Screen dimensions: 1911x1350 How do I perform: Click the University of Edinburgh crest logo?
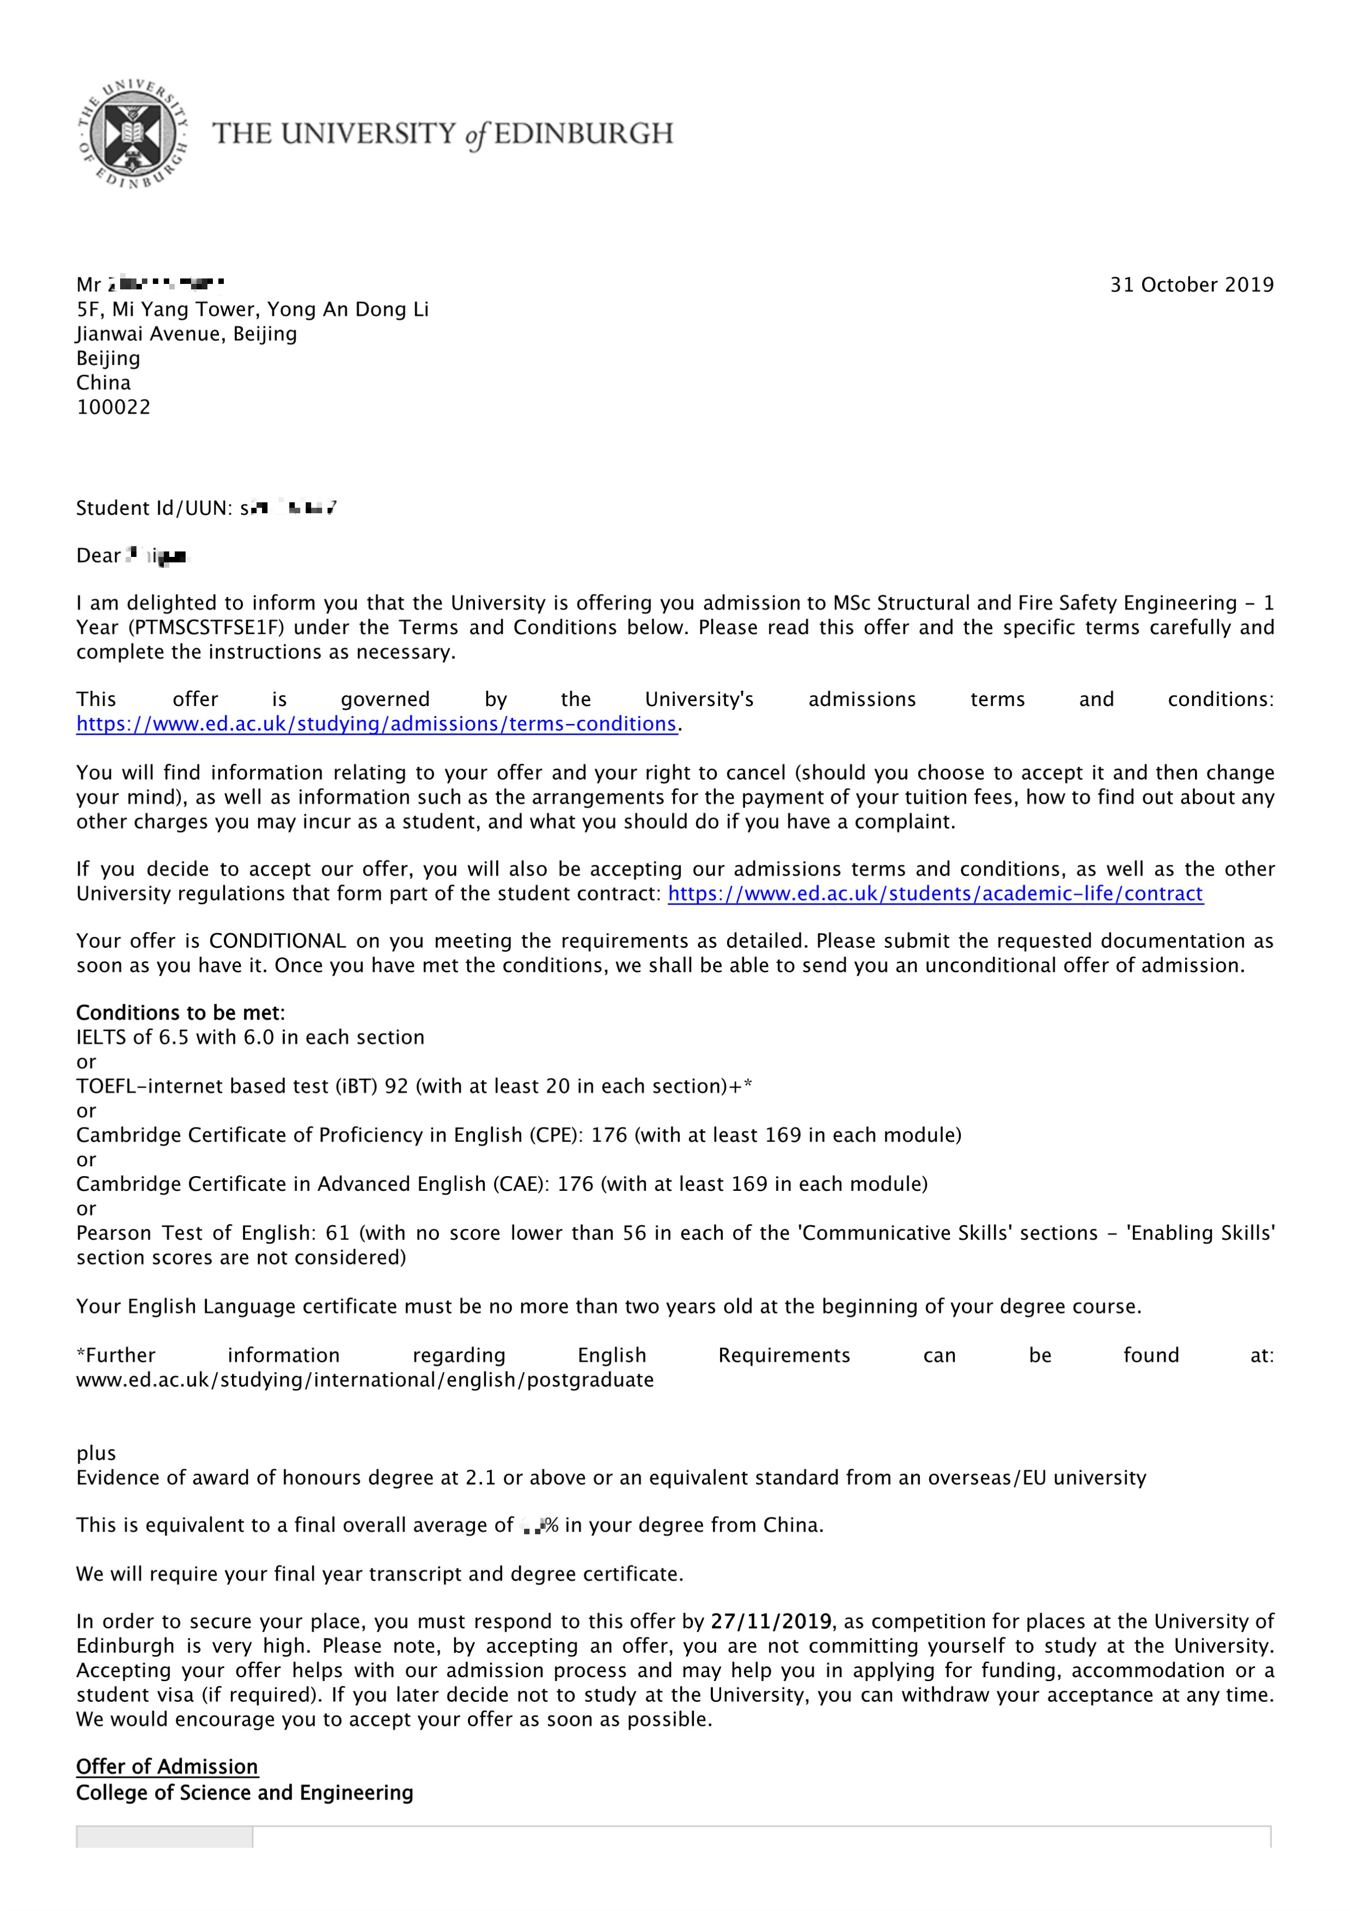pyautogui.click(x=133, y=133)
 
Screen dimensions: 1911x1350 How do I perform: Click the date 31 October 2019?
pyautogui.click(x=1191, y=284)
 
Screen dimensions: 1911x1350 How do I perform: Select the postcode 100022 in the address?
pyautogui.click(x=113, y=407)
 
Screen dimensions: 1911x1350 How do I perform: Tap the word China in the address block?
pyautogui.click(x=103, y=383)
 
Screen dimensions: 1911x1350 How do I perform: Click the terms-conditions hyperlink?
pyautogui.click(x=376, y=724)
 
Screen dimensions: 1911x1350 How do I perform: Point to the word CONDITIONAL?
pyautogui.click(x=277, y=941)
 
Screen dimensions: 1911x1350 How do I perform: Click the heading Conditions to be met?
pyautogui.click(x=180, y=1013)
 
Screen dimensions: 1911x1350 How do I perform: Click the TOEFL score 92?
pyautogui.click(x=396, y=1086)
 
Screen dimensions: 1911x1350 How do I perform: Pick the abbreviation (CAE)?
pyautogui.click(x=521, y=1184)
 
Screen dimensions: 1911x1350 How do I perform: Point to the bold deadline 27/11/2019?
pyautogui.click(x=771, y=1622)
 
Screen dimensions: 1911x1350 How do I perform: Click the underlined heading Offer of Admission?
pyautogui.click(x=167, y=1767)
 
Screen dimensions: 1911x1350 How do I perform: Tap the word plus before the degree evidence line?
pyautogui.click(x=96, y=1454)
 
